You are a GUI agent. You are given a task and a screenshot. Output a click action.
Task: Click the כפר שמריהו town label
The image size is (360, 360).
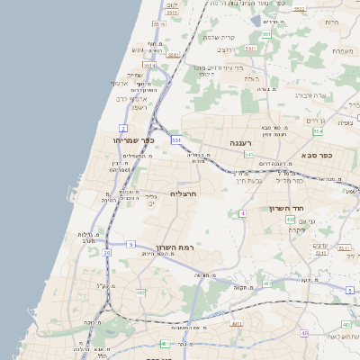(x=134, y=140)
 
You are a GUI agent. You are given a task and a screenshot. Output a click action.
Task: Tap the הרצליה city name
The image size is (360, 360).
(x=183, y=193)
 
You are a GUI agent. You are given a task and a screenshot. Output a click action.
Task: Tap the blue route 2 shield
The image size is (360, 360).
(x=122, y=129)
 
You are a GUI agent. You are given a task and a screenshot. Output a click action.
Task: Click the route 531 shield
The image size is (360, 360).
(x=176, y=140)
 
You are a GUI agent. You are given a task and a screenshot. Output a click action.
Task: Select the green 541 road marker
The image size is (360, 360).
(x=248, y=154)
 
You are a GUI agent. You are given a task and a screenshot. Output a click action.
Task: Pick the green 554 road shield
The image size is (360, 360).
(x=318, y=131)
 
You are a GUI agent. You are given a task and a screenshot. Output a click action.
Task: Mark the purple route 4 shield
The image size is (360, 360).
(x=242, y=213)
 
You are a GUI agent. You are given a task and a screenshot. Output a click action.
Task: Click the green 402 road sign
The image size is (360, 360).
(x=291, y=219)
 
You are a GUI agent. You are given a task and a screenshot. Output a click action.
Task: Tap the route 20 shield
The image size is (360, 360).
(x=106, y=254)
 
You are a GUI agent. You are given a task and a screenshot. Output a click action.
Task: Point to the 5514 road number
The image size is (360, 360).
(x=148, y=66)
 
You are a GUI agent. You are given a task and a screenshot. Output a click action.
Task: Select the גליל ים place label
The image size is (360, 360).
(x=151, y=200)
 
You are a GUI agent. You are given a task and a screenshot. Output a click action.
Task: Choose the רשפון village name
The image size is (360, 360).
(x=138, y=107)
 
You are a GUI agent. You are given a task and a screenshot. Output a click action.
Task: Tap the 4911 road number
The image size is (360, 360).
(x=237, y=324)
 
